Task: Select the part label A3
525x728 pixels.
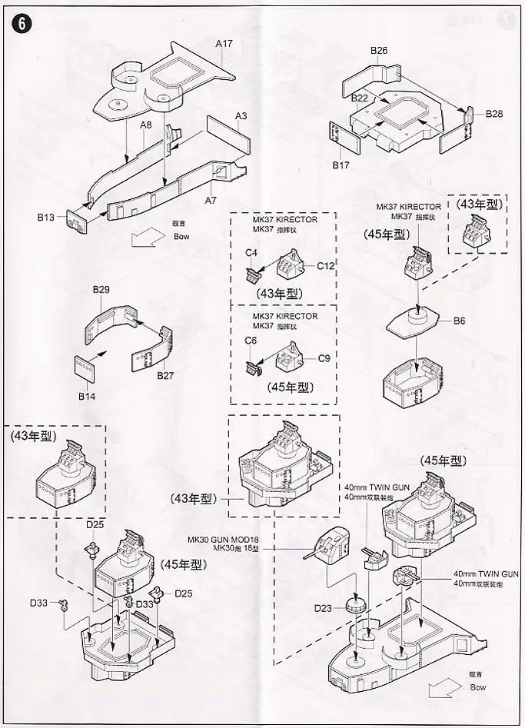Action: [x=241, y=116]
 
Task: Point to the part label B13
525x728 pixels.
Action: [x=47, y=218]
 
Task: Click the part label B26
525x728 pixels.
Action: [x=379, y=51]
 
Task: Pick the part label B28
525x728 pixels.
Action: [x=494, y=114]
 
